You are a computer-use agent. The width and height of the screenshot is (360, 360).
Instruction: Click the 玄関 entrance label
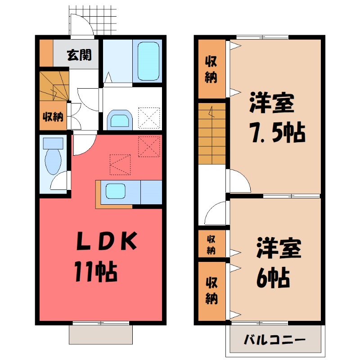(80, 55)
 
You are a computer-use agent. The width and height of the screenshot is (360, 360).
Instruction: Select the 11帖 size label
(96, 271)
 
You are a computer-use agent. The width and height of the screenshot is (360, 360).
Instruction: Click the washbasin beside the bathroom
(119, 120)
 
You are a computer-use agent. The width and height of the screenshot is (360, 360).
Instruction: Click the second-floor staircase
(211, 133)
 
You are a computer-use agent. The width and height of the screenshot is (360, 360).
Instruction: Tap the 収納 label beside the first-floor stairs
(53, 117)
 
